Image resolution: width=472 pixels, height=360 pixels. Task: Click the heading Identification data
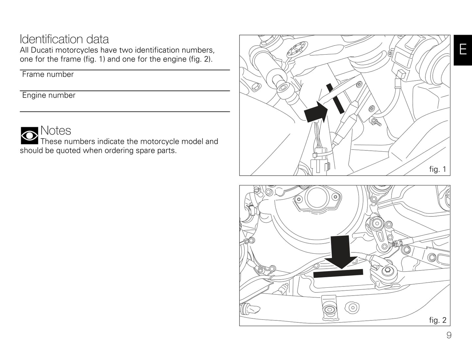(x=64, y=39)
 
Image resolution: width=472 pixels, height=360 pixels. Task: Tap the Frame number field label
(x=48, y=75)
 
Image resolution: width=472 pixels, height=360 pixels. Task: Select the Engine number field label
(x=49, y=95)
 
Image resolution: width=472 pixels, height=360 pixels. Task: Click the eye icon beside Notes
(x=29, y=136)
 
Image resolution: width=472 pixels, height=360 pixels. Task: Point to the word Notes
(x=56, y=130)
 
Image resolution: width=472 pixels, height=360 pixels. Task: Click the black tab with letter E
(x=463, y=50)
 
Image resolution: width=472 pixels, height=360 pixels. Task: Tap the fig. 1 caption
(x=437, y=169)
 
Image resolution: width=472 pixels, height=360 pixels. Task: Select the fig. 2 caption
(x=437, y=320)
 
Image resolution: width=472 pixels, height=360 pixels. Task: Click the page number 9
(x=449, y=335)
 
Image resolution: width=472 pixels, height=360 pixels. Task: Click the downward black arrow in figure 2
(x=340, y=252)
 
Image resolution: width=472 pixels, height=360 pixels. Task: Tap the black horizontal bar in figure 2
(x=338, y=273)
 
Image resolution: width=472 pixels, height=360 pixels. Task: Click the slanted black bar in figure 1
(x=335, y=98)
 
